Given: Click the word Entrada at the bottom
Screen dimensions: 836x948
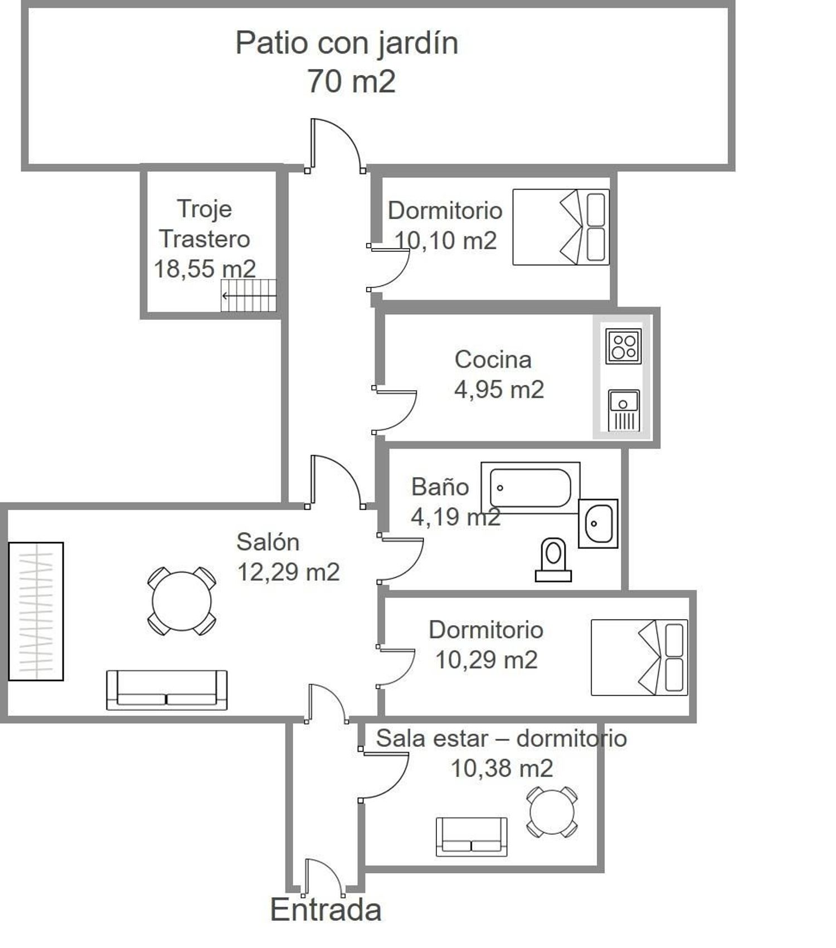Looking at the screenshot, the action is click(x=325, y=910).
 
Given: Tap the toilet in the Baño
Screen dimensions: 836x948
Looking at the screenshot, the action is click(x=553, y=560).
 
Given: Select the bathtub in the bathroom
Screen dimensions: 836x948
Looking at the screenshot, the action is click(x=530, y=488).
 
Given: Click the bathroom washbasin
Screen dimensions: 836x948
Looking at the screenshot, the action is click(x=598, y=523).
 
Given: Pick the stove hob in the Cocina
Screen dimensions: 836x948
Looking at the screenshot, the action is click(x=623, y=346).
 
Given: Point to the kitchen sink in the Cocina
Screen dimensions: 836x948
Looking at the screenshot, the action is click(x=624, y=410).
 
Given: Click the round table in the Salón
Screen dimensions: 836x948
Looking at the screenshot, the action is click(x=182, y=601).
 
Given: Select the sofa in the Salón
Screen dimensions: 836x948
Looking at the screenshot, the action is click(x=167, y=690).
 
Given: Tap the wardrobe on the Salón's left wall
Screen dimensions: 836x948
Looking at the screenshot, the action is click(x=36, y=611).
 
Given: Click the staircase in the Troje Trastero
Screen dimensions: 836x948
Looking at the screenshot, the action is click(x=249, y=295).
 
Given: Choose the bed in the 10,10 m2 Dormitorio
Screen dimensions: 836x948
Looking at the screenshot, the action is click(x=561, y=227).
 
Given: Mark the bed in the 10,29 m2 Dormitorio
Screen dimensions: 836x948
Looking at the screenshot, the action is click(x=639, y=657).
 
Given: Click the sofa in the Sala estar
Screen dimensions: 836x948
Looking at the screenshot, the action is click(x=472, y=837).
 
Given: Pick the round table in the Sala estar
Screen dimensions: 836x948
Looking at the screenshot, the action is click(x=552, y=812).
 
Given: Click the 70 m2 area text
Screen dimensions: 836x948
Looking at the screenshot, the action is click(x=351, y=81).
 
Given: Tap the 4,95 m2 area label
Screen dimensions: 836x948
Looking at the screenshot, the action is click(x=499, y=390).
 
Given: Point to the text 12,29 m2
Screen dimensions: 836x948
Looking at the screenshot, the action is click(x=289, y=572).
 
